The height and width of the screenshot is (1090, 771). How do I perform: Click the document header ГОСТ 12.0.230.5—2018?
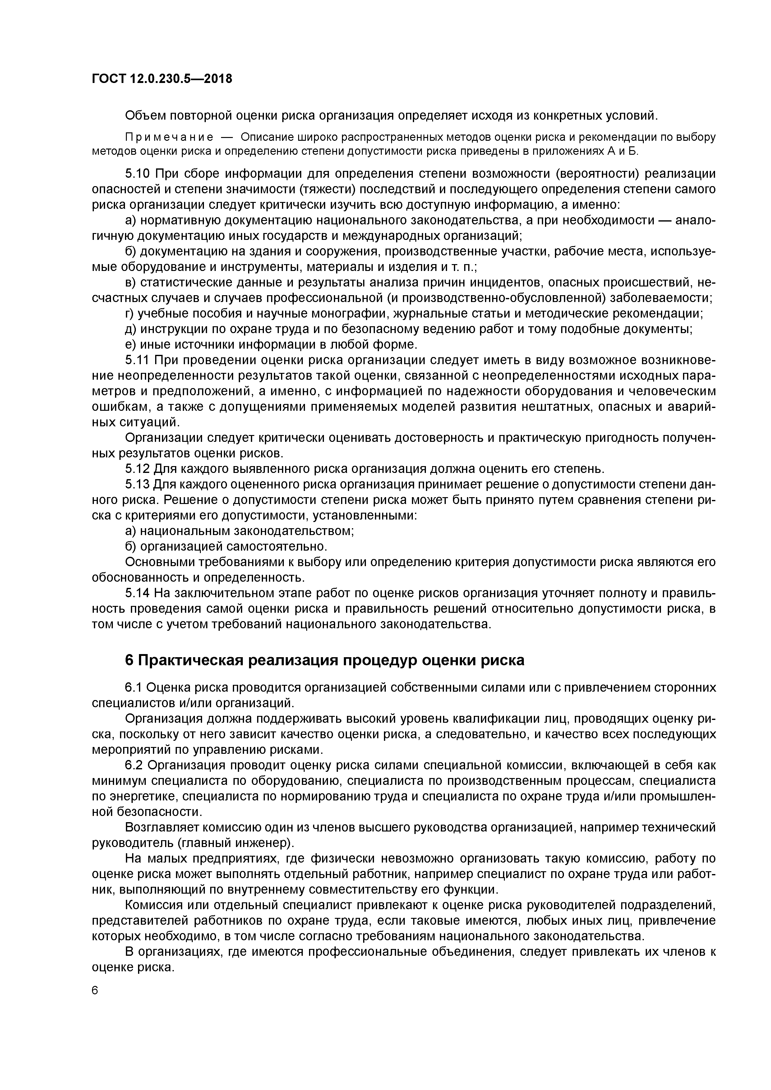tap(162, 79)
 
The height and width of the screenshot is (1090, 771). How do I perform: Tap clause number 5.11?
tap(138, 360)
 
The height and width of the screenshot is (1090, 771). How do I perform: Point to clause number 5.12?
tap(138, 469)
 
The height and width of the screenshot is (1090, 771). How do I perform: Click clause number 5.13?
tap(138, 485)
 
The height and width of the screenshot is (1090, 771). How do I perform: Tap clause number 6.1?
tap(134, 687)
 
